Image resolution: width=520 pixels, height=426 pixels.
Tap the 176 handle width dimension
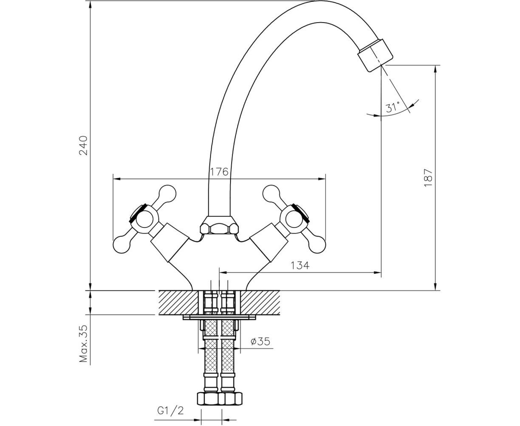[x=219, y=172]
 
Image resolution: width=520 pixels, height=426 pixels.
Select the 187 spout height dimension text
[x=429, y=178]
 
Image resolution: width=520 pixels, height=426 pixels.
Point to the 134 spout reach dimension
[x=300, y=266]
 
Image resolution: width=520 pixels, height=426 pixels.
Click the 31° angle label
[x=392, y=107]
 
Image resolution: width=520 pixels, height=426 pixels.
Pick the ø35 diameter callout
[x=260, y=342]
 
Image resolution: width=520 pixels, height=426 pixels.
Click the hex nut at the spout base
[x=219, y=225]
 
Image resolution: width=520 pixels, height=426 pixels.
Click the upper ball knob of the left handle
[x=168, y=193]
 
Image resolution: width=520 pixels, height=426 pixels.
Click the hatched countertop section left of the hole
[x=178, y=303]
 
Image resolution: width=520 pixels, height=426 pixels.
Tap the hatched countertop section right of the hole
[x=260, y=303]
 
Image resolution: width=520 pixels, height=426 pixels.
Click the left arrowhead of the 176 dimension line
[x=117, y=179]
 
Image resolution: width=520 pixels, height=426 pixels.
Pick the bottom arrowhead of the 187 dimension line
[x=436, y=287]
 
